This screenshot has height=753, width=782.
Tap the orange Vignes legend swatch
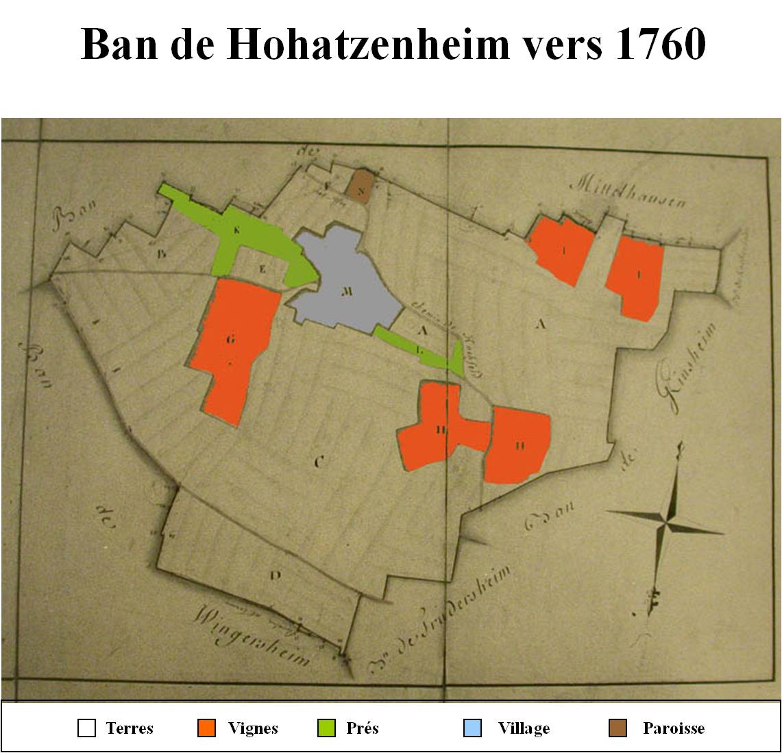point(206,728)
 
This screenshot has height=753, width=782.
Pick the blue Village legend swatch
point(472,728)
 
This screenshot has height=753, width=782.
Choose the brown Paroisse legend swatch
point(619,728)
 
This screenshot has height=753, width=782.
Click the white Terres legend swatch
point(86,728)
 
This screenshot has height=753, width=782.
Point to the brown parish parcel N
point(359,186)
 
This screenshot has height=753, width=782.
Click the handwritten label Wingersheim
point(254,634)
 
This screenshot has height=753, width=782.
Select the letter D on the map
point(275,576)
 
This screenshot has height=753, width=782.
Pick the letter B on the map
point(162,254)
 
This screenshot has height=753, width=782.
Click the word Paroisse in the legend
point(673,728)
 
